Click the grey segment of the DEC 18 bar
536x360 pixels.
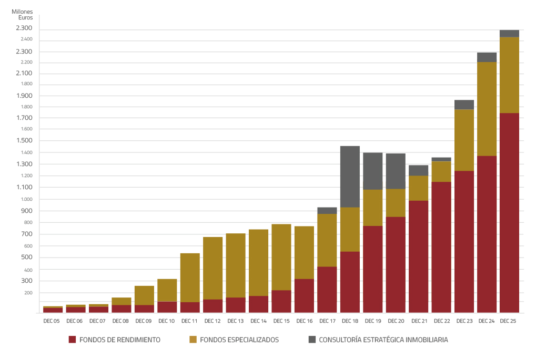[350, 177]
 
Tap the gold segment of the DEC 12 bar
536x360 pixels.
[213, 268]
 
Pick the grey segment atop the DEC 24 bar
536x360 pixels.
[487, 57]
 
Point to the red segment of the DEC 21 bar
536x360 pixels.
[418, 256]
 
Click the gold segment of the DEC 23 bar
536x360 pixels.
[464, 140]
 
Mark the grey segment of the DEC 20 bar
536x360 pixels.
[396, 171]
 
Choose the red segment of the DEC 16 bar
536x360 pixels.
[304, 295]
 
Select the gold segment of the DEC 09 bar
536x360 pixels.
[144, 295]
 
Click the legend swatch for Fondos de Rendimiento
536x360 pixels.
[73, 340]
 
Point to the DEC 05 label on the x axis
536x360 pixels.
[52, 321]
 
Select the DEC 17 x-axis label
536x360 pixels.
[327, 321]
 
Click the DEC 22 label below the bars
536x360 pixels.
[441, 321]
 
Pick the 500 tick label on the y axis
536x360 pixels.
[27, 258]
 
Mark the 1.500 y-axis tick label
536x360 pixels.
[24, 141]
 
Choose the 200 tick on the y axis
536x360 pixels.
[27, 293]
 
